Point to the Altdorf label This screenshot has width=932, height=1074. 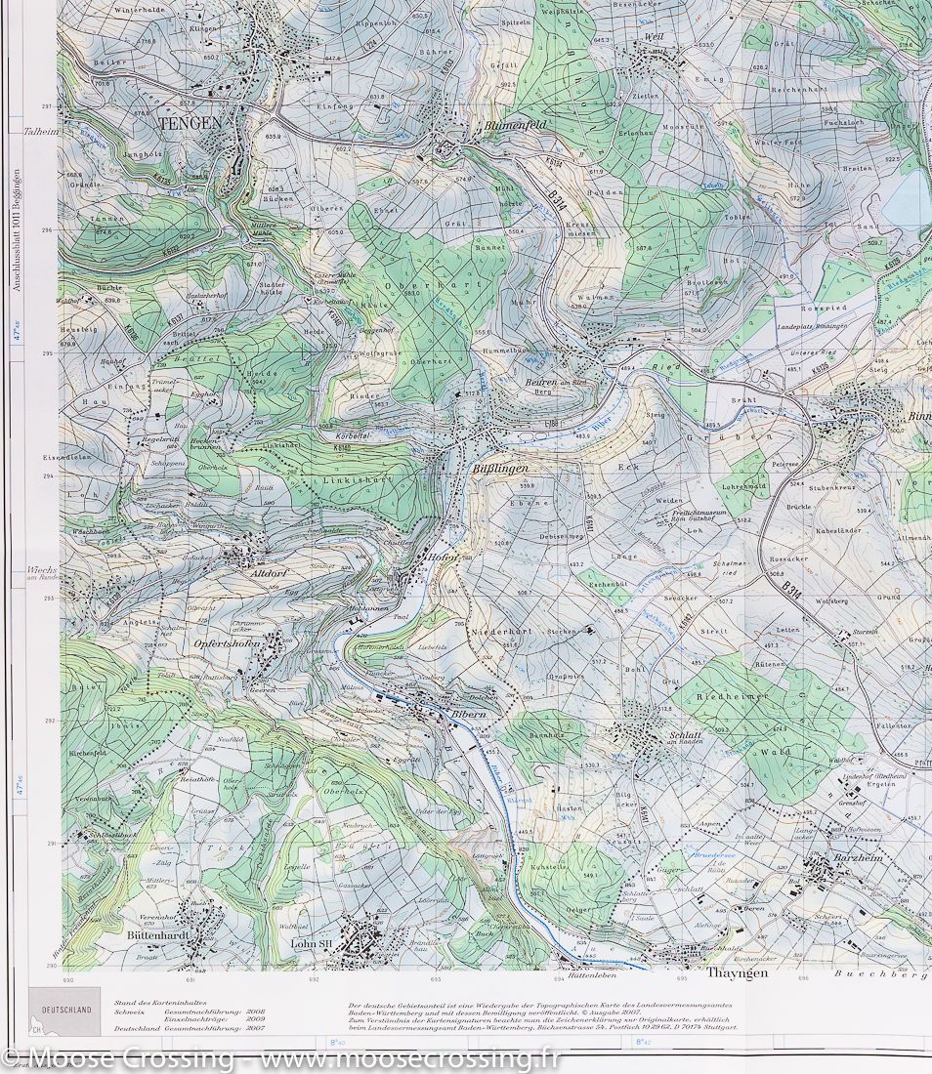(266, 574)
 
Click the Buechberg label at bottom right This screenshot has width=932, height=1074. (879, 973)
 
